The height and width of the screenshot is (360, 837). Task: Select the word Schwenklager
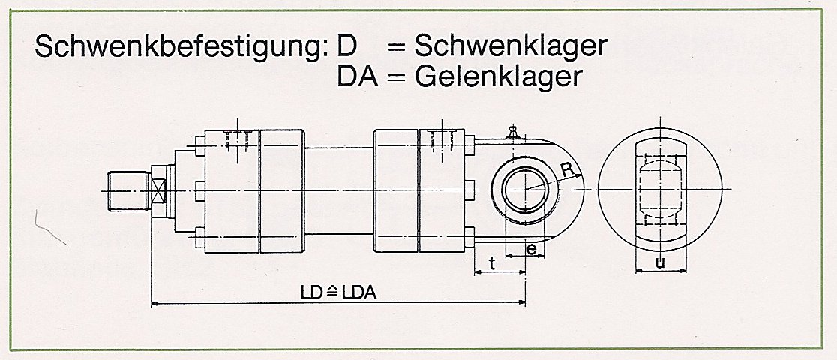(510, 46)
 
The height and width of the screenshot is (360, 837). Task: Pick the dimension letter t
(491, 263)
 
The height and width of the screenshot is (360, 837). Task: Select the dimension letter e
(531, 249)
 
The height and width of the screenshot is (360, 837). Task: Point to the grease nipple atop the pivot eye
(513, 133)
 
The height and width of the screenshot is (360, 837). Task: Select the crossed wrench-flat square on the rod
(158, 190)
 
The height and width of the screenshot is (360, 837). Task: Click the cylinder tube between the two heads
(339, 190)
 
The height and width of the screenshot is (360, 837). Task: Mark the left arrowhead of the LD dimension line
(154, 304)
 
